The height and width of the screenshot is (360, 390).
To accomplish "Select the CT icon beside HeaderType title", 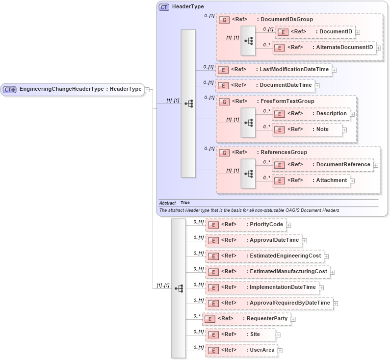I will (x=164, y=7).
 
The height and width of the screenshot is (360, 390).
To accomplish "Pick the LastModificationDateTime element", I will (x=273, y=70).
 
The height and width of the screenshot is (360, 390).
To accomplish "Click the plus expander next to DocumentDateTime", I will (x=317, y=86).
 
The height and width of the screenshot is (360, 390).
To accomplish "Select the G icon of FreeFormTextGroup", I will (x=224, y=102).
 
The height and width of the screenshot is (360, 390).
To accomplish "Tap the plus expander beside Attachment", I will (x=352, y=181).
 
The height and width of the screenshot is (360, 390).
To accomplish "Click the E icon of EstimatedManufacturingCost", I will (x=213, y=272).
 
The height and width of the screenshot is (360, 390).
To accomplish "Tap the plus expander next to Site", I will (x=278, y=335).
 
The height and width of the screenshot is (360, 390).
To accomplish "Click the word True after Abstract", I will (x=185, y=203).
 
